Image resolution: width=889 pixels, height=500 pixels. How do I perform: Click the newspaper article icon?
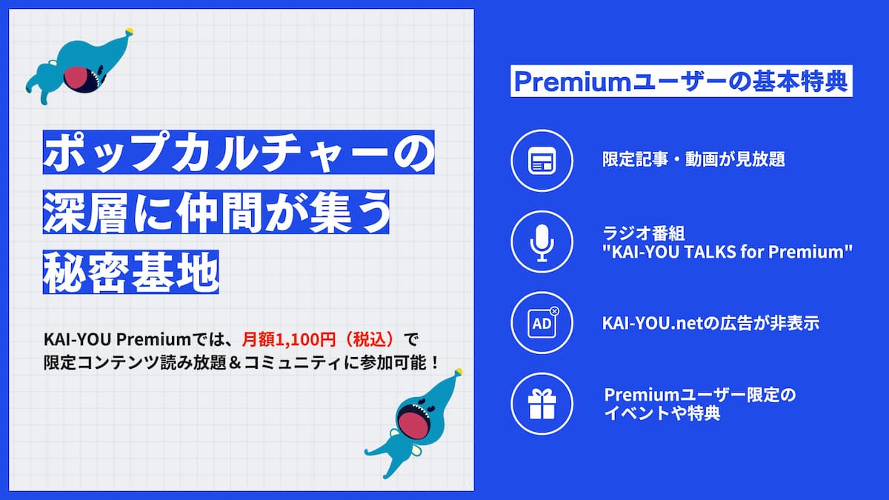[542, 161]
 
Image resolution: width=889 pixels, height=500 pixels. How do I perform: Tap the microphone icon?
[542, 243]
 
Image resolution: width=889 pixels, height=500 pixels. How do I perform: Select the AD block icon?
[542, 323]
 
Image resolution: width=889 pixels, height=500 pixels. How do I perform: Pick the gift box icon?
[542, 404]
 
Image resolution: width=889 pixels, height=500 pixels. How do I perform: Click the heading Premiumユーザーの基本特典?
[681, 81]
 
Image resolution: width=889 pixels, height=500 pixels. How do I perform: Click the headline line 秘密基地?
[130, 273]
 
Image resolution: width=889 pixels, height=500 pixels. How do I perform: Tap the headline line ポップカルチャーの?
[239, 152]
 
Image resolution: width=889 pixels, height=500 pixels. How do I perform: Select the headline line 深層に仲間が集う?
[216, 212]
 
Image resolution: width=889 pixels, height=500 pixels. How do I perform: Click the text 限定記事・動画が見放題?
[693, 159]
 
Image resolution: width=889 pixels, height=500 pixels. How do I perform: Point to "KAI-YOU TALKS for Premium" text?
[727, 252]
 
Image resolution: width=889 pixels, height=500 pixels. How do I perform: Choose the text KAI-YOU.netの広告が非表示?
[710, 323]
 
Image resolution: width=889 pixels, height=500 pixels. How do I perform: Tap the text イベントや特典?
[662, 413]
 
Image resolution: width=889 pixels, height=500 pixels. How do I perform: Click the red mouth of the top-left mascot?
[79, 79]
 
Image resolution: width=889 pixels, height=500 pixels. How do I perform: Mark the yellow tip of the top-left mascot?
[129, 31]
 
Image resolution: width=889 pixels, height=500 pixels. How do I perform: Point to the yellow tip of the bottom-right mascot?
[459, 372]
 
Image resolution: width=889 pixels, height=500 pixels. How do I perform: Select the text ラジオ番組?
[643, 233]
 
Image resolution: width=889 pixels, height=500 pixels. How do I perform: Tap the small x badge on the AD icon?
[554, 312]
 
